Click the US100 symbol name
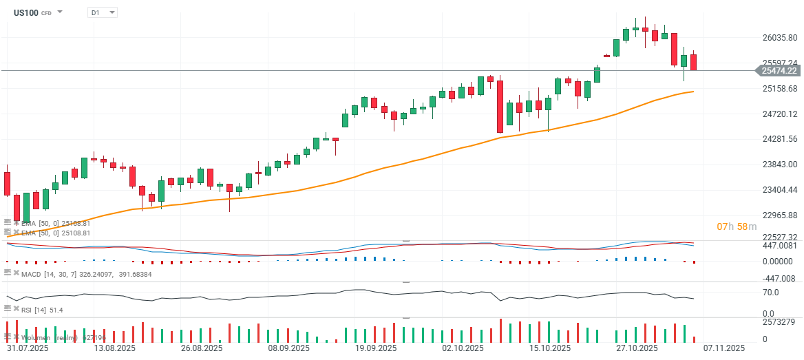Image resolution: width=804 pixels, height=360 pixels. (25, 12)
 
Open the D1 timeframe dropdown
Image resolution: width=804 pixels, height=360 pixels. (102, 12)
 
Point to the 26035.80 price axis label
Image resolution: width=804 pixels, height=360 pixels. (778, 38)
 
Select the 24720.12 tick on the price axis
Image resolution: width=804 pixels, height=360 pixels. (778, 114)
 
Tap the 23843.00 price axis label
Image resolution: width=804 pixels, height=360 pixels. (778, 165)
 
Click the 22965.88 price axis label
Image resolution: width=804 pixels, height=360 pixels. (778, 215)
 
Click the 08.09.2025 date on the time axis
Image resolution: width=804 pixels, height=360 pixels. (283, 348)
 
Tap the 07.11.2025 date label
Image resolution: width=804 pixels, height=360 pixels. (724, 348)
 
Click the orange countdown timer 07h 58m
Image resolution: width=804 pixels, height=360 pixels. (737, 226)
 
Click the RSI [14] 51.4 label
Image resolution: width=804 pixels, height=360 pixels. (42, 310)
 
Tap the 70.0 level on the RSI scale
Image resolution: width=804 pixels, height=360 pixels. (770, 292)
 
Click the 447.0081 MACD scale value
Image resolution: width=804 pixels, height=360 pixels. (778, 246)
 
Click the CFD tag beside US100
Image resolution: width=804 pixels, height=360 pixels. (46, 13)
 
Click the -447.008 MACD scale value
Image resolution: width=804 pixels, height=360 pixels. (778, 279)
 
